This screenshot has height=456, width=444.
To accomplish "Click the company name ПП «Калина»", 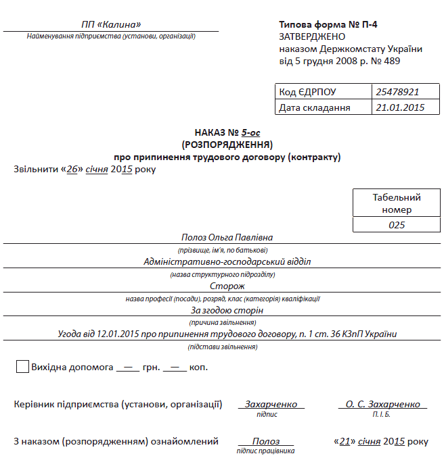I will click(110, 25).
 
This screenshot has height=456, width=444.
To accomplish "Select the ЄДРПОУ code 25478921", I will click(397, 92).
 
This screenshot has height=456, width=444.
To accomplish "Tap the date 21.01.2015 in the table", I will click(400, 107).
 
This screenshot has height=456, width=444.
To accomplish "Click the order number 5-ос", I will click(251, 133).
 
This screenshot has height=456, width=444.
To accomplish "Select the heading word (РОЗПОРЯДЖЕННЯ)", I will click(227, 145).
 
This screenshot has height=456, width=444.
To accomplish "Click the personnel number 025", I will click(397, 225).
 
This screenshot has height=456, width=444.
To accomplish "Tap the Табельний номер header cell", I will click(397, 203).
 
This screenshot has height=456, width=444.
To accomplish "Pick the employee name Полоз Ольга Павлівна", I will click(227, 238).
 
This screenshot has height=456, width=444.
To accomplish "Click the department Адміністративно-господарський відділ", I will click(227, 261).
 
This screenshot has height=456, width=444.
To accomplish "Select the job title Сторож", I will click(227, 286).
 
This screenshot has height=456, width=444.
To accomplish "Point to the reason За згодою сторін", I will click(227, 310).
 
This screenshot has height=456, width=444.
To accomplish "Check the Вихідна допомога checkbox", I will click(22, 367).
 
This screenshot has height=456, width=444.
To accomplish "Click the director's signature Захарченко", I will click(271, 404).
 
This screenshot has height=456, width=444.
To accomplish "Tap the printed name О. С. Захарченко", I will click(382, 404).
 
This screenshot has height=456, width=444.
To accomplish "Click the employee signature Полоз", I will click(265, 441).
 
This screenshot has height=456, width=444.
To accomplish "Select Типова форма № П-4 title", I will click(328, 25).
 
